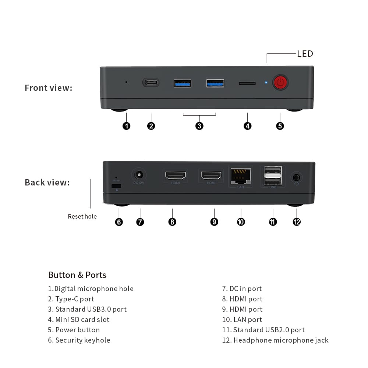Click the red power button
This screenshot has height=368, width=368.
[x=280, y=82]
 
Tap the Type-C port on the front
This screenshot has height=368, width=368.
[x=151, y=82]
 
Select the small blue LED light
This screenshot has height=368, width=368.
[x=266, y=82]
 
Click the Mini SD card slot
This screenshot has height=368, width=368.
[x=247, y=83]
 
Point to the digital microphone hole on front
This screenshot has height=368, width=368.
[x=126, y=82]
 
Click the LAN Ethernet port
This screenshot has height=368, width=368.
[x=241, y=176]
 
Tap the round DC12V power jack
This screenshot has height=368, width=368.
[x=139, y=175]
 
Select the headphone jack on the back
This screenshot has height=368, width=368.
[x=296, y=177]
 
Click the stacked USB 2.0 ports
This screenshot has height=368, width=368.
[x=273, y=176]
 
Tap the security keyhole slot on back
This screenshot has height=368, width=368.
[x=116, y=186]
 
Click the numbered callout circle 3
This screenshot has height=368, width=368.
[x=199, y=126]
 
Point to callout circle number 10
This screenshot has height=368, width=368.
[x=241, y=222]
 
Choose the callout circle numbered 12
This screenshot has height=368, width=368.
[x=297, y=222]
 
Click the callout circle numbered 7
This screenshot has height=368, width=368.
[x=140, y=222]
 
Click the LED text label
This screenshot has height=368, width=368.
[x=305, y=54]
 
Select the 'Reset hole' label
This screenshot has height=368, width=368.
[x=82, y=216]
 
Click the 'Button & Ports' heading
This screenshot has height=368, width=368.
[x=77, y=275]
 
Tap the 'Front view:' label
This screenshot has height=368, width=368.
[x=49, y=88]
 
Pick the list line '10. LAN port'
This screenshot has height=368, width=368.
[x=242, y=319]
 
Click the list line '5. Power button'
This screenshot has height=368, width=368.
[x=74, y=330]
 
